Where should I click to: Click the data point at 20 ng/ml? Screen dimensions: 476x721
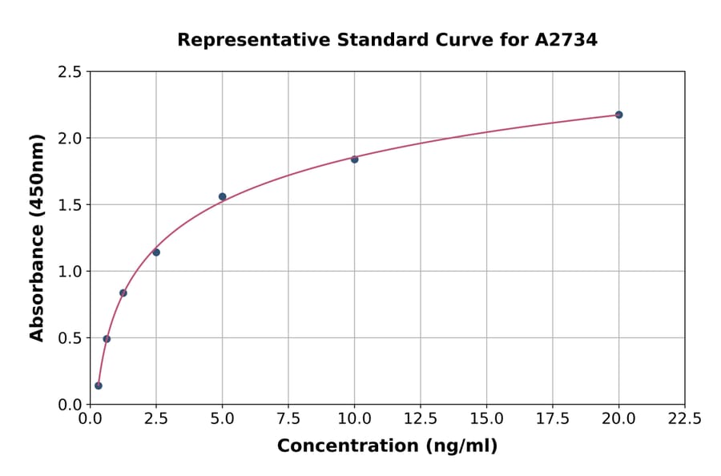[618, 115]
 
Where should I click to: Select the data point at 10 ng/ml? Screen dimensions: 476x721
[354, 159]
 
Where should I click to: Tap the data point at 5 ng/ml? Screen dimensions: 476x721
[223, 196]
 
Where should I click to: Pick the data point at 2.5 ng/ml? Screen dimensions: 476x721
[156, 252]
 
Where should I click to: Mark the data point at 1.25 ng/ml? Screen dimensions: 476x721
[123, 292]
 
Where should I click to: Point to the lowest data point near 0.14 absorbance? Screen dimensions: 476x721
[99, 385]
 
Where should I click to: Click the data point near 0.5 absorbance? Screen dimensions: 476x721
[107, 339]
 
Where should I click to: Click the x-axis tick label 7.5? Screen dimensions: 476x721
[288, 419]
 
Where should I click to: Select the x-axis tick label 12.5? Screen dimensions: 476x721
[421, 419]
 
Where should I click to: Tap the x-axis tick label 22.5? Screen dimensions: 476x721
[685, 419]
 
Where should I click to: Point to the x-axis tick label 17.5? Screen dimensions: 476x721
[553, 419]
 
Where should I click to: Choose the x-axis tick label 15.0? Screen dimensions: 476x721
[486, 419]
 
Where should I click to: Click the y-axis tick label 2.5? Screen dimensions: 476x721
[70, 72]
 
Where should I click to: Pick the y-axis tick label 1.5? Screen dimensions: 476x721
[70, 205]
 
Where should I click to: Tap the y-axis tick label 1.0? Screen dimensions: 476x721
[70, 272]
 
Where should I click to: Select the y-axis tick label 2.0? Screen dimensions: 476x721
[70, 139]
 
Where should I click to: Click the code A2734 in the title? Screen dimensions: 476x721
[566, 40]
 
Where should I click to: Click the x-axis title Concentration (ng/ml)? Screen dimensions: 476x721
[387, 446]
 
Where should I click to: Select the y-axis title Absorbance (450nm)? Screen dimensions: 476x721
[37, 237]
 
